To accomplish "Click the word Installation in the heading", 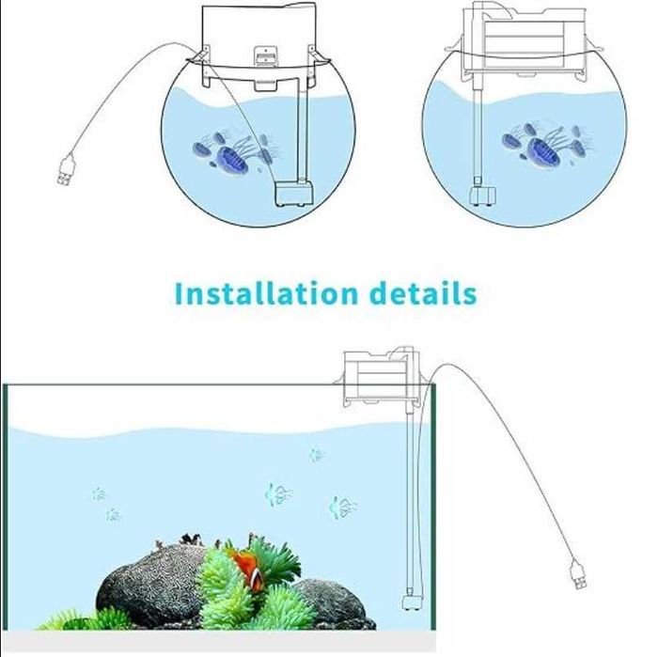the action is (266, 293).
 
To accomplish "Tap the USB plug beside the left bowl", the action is (66, 170).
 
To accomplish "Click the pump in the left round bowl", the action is (293, 194).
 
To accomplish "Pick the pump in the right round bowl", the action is (482, 196).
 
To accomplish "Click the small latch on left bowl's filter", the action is (265, 56).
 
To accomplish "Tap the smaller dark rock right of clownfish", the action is (332, 604).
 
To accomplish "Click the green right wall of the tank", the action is (433, 507).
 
